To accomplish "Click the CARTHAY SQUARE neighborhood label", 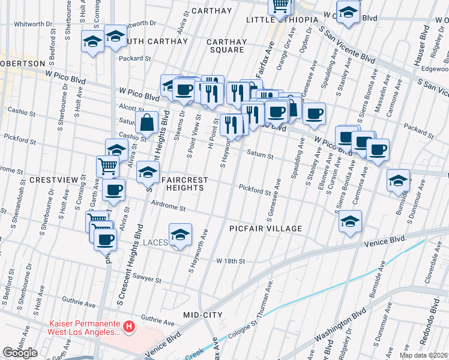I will (x=226, y=46).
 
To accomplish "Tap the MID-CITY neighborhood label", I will (x=203, y=315).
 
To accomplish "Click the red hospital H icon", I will (x=128, y=327).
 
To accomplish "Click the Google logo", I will (x=20, y=353).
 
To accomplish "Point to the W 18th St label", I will (x=231, y=261).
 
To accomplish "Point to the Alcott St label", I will (x=125, y=106).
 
